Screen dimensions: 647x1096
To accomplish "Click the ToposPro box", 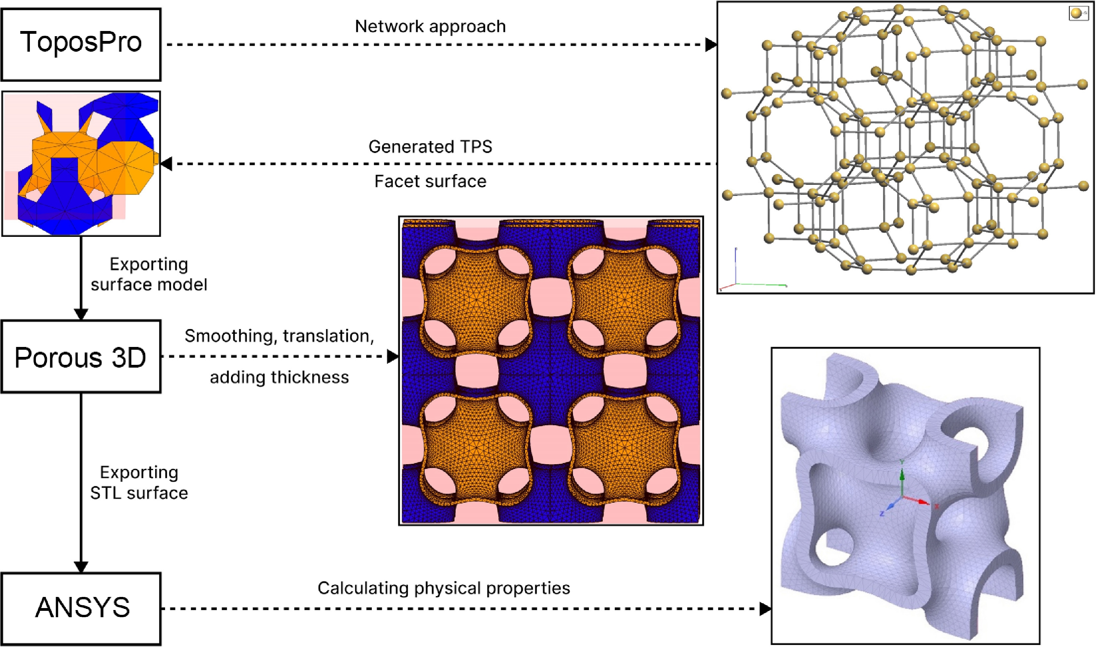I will [81, 44].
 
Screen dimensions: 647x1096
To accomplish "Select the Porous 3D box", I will [81, 356].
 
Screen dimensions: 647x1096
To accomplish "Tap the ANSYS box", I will [81, 608].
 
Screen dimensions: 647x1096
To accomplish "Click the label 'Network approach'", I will [430, 26].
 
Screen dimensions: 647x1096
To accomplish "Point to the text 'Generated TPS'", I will [430, 147].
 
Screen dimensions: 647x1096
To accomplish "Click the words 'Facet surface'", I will [430, 181].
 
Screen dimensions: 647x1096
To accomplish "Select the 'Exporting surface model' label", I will [149, 274].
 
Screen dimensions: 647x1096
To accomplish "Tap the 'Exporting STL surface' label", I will [139, 482].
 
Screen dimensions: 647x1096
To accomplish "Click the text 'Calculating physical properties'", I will [443, 588].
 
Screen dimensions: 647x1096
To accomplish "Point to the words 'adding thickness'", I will [279, 377].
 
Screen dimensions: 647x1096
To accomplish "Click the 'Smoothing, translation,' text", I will [279, 336].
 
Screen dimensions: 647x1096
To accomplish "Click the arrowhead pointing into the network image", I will [711, 45].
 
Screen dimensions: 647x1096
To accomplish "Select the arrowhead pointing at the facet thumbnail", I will [166, 164].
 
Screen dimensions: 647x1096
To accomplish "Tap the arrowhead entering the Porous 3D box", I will [81, 314].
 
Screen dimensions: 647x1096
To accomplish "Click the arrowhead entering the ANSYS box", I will [81, 566].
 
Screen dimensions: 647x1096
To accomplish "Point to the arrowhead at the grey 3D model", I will [765, 608].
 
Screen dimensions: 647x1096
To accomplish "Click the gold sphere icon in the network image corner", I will [1076, 14].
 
